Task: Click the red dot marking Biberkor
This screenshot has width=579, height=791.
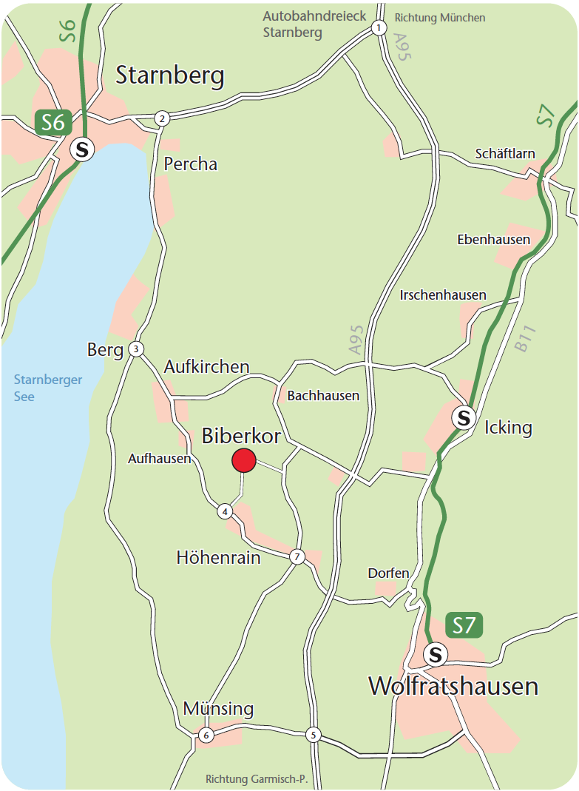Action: tap(244, 460)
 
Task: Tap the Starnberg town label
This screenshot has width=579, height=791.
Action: tap(170, 75)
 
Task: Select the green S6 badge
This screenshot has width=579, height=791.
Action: tap(53, 122)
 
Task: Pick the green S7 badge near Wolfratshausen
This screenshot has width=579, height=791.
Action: tap(464, 626)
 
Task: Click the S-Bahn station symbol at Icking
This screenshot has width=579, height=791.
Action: tap(464, 417)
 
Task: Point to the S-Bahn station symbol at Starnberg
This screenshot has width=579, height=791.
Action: tap(82, 149)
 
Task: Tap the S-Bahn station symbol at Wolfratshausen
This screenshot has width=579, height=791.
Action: tap(436, 654)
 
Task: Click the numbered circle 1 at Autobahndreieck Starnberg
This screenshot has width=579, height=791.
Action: tap(379, 28)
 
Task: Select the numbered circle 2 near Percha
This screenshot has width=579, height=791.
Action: tap(162, 118)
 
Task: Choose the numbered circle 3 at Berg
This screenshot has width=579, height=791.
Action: tap(135, 349)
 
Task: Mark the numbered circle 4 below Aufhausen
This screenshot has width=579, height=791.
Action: tap(225, 511)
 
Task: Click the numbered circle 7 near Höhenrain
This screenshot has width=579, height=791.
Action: tap(297, 557)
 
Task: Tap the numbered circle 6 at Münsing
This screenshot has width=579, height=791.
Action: tap(206, 735)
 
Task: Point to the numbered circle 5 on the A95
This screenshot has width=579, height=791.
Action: tap(314, 735)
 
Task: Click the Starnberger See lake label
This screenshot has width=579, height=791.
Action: tap(48, 388)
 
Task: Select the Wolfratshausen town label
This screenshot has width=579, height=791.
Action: tap(453, 687)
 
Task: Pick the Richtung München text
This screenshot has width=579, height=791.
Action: tap(440, 18)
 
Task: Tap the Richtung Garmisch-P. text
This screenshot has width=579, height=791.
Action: tap(256, 779)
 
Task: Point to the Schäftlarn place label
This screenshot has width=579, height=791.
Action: tap(504, 155)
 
